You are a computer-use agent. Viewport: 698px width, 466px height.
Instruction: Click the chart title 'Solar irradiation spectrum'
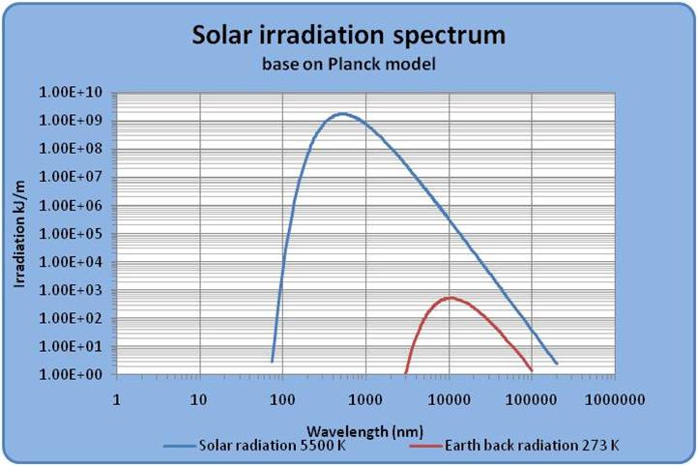click(x=349, y=37)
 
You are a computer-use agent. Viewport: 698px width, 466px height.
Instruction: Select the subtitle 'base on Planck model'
click(x=349, y=67)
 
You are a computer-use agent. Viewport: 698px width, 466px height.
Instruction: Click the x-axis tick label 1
click(x=116, y=397)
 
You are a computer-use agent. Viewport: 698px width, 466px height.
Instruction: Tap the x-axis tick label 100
click(x=282, y=397)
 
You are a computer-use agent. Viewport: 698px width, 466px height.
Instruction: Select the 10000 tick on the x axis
click(x=449, y=397)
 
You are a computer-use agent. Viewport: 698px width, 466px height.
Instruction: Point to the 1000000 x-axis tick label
click(x=615, y=397)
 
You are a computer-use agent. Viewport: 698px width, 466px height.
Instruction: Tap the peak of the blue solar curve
click(x=341, y=114)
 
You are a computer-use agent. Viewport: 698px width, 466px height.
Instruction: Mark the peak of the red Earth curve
click(x=449, y=298)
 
